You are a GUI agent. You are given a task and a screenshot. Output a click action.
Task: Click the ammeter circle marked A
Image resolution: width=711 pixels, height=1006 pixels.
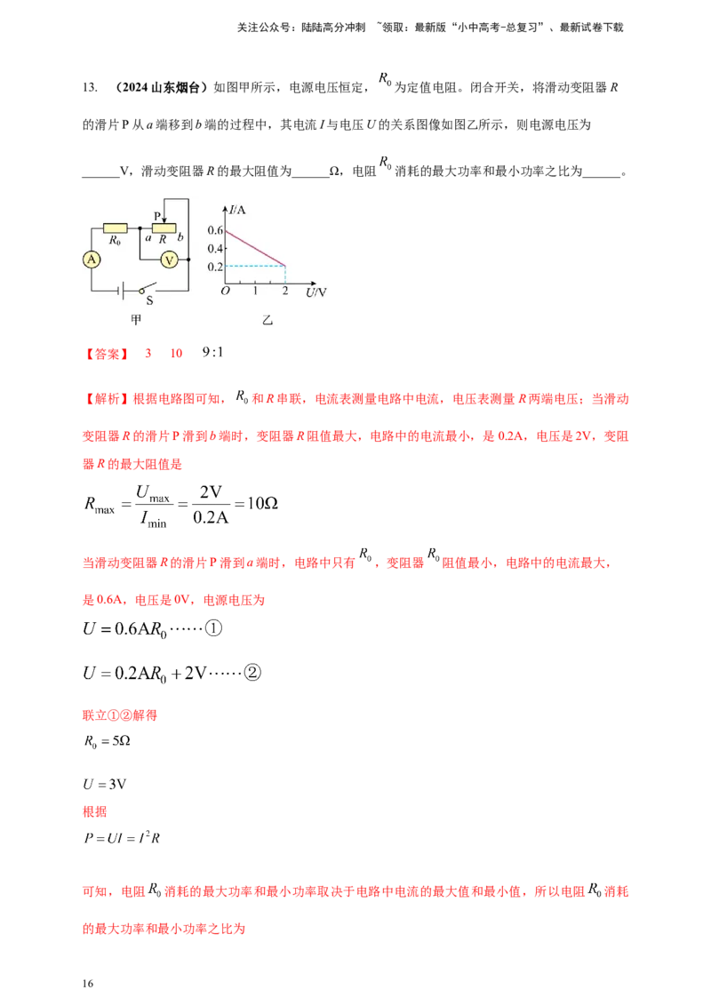91,259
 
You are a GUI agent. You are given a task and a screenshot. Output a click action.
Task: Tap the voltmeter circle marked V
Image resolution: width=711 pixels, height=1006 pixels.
171,259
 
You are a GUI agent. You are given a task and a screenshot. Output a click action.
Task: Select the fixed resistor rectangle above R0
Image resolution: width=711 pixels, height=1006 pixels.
116,228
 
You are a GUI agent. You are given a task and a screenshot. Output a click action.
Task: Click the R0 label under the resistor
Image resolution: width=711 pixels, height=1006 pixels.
115,240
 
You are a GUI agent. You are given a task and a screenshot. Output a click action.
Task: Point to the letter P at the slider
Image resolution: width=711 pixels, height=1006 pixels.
157,216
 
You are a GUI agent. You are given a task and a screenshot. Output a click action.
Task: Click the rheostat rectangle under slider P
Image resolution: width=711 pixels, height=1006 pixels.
164,228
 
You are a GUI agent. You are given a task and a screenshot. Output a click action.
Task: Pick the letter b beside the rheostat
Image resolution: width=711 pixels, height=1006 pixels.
180,238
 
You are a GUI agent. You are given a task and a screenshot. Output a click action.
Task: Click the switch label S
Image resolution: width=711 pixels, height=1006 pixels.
149,300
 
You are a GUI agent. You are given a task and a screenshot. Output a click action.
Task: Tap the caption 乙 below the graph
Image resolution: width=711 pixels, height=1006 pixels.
267,318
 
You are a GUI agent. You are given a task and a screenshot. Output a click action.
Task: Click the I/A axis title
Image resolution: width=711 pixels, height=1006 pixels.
237,210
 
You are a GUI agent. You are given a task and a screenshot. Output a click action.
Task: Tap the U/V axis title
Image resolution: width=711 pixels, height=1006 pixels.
316,291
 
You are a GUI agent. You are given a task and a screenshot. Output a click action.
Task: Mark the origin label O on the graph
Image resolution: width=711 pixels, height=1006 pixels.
225,291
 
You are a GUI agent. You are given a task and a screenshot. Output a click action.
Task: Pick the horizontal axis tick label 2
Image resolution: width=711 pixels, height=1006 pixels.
284,291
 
